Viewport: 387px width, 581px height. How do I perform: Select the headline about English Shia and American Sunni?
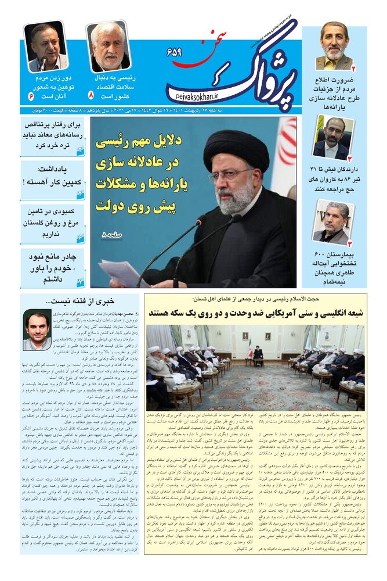tap(256, 313)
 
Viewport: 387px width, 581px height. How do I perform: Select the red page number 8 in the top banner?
tap(91, 94)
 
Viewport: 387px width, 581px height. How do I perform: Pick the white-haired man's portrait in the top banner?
tap(108, 46)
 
